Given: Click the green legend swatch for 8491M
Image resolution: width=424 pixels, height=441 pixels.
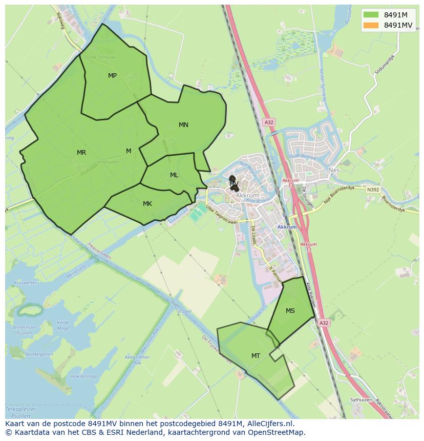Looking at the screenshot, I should [x=371, y=15].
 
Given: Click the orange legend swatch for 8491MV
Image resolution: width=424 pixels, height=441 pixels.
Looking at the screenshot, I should [x=371, y=25].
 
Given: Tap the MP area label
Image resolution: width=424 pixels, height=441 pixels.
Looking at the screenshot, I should [x=112, y=76].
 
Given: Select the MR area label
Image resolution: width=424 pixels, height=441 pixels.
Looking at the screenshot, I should [x=81, y=153].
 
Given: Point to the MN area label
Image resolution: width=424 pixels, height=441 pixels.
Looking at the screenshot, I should [x=183, y=125].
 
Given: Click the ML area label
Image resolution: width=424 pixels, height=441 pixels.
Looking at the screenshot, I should [x=174, y=175].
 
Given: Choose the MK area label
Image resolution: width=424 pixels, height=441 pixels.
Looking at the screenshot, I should [x=147, y=204].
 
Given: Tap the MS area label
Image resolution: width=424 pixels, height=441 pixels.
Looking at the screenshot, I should [x=290, y=311].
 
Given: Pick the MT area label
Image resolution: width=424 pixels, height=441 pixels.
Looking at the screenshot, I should [x=256, y=356].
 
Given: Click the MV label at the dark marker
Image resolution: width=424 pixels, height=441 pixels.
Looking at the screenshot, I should [x=234, y=183].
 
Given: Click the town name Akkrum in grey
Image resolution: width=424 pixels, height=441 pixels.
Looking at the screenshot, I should [x=247, y=196].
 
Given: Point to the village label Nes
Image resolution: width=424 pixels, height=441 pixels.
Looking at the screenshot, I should [x=334, y=170].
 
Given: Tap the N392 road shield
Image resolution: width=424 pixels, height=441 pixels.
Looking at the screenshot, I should [x=373, y=190].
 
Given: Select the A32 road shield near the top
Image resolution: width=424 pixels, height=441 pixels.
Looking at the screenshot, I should [x=269, y=122].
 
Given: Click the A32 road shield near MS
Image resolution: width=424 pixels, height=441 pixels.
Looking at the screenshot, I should [x=324, y=323].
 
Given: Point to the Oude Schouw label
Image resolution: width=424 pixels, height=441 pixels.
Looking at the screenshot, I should [x=100, y=57].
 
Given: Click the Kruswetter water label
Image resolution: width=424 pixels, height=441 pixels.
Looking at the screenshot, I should [x=26, y=283].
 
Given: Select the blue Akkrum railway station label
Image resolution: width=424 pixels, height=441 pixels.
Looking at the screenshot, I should [x=287, y=227].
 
